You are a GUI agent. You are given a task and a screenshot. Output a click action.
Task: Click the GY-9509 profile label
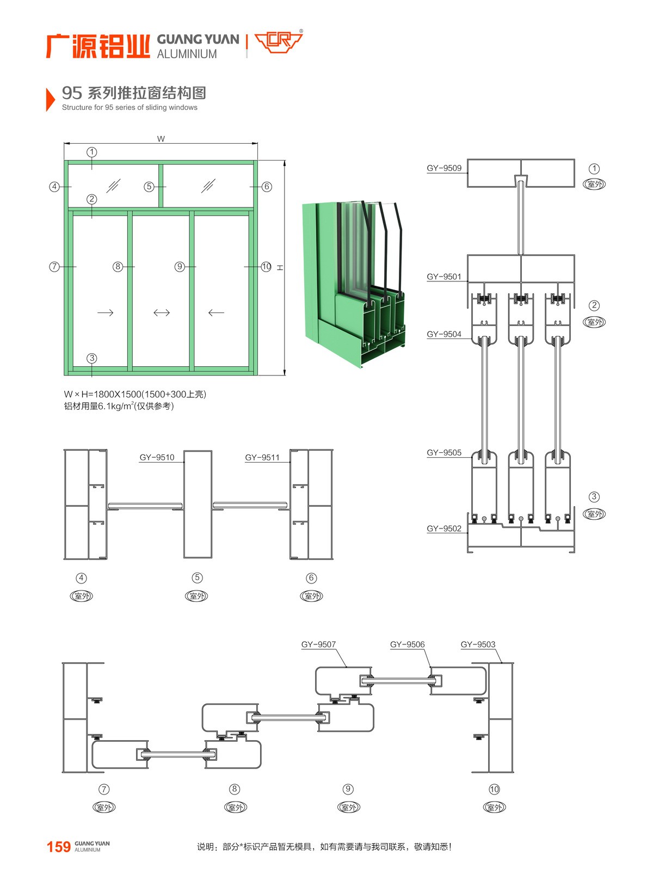(x=444, y=168)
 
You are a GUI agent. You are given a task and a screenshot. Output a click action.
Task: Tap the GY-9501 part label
(x=444, y=276)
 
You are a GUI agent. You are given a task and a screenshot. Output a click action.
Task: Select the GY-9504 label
(x=444, y=334)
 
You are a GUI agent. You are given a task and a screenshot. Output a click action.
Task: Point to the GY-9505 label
(x=444, y=452)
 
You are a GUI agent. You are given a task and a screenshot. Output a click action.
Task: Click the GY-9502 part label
(x=444, y=528)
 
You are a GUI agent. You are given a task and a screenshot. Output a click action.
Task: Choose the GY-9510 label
(x=157, y=457)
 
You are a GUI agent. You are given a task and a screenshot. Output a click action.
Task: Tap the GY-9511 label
(x=262, y=457)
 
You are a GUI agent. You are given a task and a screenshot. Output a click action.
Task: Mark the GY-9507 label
(x=319, y=644)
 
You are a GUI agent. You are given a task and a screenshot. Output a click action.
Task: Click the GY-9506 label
(x=407, y=644)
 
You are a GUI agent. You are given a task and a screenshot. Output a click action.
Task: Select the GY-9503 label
(x=478, y=644)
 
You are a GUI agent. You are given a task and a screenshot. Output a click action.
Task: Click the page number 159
(x=59, y=847)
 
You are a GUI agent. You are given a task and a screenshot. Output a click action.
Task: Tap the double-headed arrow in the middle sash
(x=162, y=312)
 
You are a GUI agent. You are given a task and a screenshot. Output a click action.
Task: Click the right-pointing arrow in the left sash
(x=105, y=312)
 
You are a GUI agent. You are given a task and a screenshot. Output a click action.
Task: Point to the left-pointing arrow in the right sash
(x=216, y=312)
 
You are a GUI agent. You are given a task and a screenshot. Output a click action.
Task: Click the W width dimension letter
(x=161, y=139)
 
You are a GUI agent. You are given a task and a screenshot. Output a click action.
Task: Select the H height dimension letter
(x=280, y=267)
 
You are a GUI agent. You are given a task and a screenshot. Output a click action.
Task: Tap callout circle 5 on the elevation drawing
(x=149, y=187)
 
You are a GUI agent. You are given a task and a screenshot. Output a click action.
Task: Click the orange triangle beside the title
(x=50, y=99)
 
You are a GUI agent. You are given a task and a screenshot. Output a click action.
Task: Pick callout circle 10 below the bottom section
(x=494, y=789)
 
